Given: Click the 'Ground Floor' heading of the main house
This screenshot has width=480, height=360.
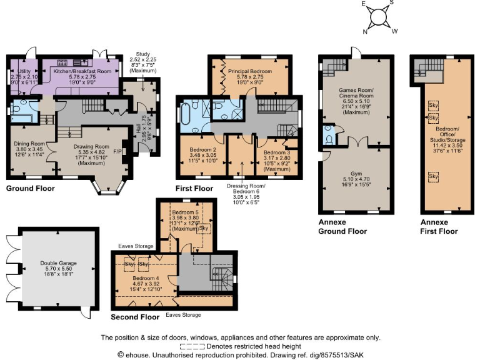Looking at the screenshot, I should click(31, 187).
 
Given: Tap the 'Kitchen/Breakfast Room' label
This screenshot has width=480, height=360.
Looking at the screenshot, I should click(82, 72).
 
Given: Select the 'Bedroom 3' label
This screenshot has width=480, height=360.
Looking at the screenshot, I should click(276, 152).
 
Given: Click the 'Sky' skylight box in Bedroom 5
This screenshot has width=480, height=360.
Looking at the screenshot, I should click(204, 228).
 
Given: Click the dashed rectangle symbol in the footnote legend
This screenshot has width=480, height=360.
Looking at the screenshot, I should click(192, 346).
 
